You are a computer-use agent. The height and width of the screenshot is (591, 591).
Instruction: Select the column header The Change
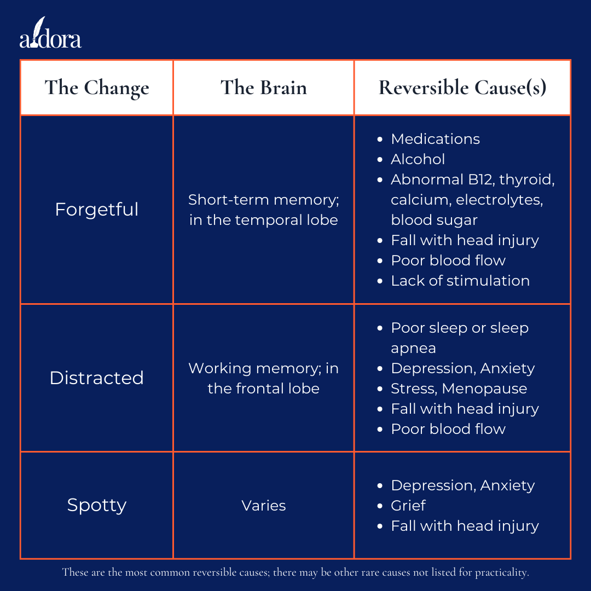[x=97, y=88]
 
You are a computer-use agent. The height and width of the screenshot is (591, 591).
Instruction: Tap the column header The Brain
[x=263, y=88]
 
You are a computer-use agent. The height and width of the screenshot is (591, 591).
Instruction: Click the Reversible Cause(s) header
[x=462, y=88]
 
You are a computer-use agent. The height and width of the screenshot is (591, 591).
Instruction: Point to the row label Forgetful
[x=97, y=210]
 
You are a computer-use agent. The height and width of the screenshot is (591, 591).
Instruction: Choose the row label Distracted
[x=97, y=378]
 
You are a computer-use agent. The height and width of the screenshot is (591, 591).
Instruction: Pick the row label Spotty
[x=97, y=505]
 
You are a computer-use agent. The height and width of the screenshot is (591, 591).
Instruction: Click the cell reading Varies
[x=263, y=506]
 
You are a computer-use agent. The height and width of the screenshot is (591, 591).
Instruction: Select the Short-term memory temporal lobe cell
[x=263, y=210]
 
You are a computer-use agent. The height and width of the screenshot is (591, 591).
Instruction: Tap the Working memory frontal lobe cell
[x=263, y=379]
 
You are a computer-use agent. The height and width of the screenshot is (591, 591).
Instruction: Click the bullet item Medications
[x=435, y=139]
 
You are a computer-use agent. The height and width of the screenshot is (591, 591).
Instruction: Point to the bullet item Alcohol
[x=418, y=159]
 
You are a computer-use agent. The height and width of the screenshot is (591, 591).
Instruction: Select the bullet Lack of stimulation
[x=460, y=281]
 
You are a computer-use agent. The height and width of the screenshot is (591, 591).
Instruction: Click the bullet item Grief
[x=408, y=506]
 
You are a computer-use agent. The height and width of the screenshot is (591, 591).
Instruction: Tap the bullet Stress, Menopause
[x=459, y=389]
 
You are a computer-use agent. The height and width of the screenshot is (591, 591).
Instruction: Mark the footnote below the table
[x=296, y=573]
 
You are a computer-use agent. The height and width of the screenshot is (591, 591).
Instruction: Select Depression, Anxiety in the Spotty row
[x=462, y=485]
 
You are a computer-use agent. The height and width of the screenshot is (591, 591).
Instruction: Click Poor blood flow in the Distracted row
[x=448, y=429]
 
